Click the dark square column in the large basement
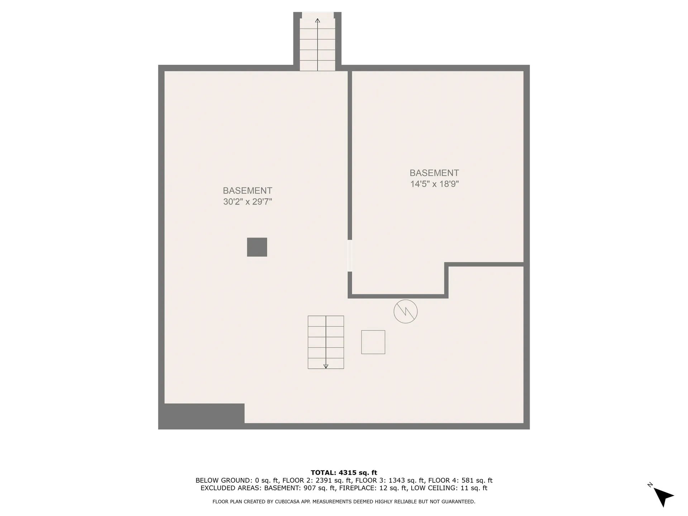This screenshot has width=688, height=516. (x=257, y=247)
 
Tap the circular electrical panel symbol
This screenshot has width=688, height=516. (x=405, y=311)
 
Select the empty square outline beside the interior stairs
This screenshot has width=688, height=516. (x=373, y=342)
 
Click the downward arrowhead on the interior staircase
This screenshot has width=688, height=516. (x=326, y=366)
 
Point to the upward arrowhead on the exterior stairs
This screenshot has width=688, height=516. (x=317, y=21)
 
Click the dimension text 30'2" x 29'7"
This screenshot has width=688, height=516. (x=248, y=202)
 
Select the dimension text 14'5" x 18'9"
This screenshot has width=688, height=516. (x=434, y=184)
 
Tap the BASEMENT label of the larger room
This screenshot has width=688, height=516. (x=248, y=191)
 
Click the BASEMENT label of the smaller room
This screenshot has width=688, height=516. (x=434, y=173)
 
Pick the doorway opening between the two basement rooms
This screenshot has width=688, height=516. (x=350, y=255)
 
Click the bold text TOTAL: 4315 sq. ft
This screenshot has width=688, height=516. (x=344, y=473)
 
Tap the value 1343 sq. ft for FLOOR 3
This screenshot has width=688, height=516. (x=406, y=481)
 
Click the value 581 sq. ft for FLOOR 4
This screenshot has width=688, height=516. (x=477, y=481)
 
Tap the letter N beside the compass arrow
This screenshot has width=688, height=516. (x=650, y=485)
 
